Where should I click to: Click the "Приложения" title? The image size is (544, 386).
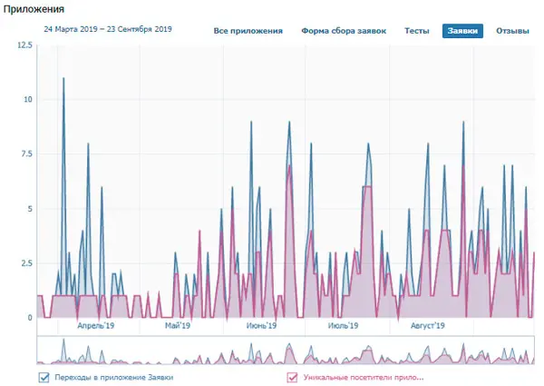pos(34,9)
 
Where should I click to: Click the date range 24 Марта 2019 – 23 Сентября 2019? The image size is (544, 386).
pos(108,29)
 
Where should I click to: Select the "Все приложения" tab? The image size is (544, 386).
pos(248,31)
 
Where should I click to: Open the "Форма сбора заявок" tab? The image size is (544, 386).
pos(344,31)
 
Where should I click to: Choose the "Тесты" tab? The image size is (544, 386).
pos(417,31)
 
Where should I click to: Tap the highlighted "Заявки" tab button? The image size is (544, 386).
pos(462,31)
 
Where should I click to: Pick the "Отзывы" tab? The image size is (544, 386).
pos(512,31)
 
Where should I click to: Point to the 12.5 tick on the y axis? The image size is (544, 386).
pos(24,45)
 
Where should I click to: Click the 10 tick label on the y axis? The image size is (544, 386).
pos(27,99)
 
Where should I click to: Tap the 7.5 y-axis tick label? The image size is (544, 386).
pos(26,153)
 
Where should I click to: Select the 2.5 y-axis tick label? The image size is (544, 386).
pos(26,263)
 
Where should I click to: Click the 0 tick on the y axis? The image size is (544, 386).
pos(30,318)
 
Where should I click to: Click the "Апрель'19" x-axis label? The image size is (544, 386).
pos(96,326)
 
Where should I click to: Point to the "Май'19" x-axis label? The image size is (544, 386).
pos(178,326)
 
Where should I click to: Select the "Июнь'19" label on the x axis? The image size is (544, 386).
pos(261,326)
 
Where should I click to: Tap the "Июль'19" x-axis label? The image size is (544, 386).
pos(343,326)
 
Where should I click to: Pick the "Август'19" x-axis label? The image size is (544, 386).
pos(427,326)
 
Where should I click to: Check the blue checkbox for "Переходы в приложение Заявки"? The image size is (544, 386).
pos(44,377)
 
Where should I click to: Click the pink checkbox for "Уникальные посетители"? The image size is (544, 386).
pos(292,377)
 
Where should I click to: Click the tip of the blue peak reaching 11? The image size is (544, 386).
pos(63,78)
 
